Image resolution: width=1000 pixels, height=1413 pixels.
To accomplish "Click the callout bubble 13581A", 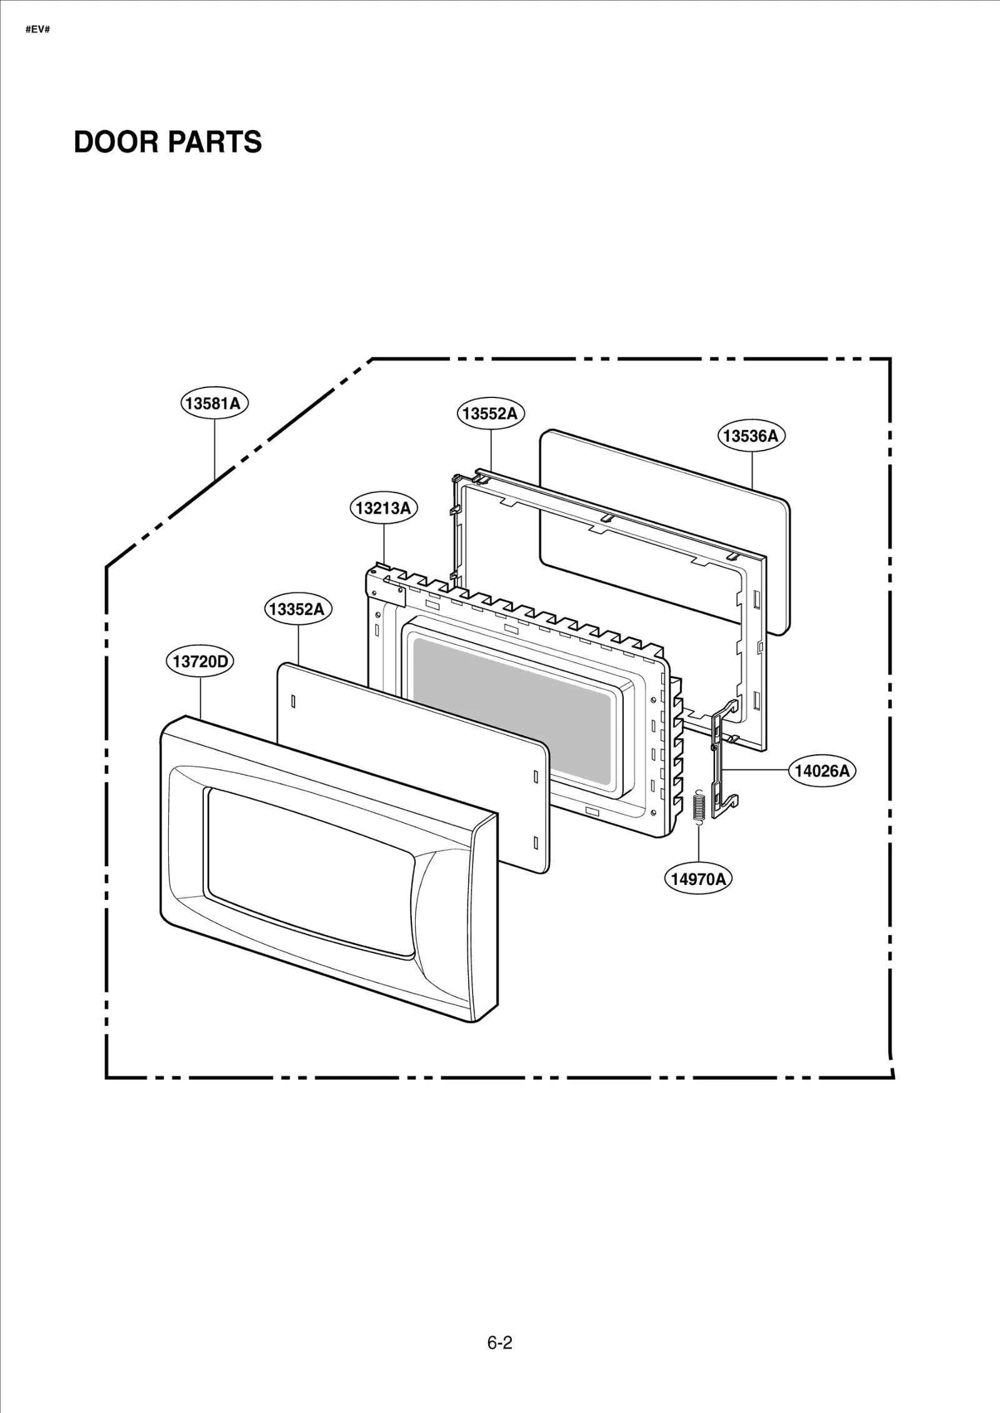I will pyautogui.click(x=214, y=403).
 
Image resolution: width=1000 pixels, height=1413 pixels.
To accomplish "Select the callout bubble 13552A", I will pyautogui.click(x=490, y=413).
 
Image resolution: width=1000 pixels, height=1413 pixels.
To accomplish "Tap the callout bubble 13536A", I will pyautogui.click(x=751, y=436).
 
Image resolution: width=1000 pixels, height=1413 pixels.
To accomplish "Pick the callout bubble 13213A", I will pyautogui.click(x=383, y=508).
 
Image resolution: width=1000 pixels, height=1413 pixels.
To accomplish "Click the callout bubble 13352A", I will pyautogui.click(x=297, y=609).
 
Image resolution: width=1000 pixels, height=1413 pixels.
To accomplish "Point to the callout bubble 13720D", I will pyautogui.click(x=199, y=661).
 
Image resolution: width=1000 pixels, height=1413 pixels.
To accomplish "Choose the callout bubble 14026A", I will pyautogui.click(x=822, y=771).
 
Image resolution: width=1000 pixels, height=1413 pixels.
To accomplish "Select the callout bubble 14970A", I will pyautogui.click(x=697, y=879).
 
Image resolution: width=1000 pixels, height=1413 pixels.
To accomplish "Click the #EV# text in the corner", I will pyautogui.click(x=37, y=29).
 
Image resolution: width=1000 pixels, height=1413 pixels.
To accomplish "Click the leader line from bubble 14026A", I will pyautogui.click(x=759, y=771).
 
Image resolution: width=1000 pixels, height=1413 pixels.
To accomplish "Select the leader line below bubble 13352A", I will pyautogui.click(x=298, y=644).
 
